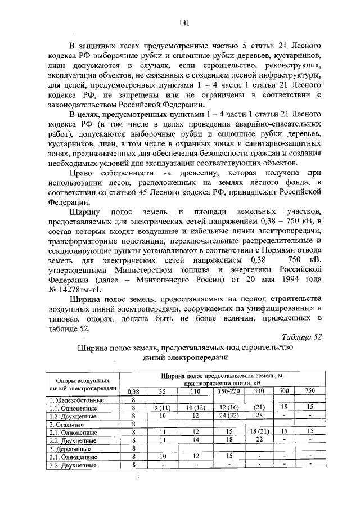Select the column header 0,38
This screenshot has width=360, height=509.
click(x=134, y=391)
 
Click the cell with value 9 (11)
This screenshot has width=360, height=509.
click(x=162, y=407)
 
